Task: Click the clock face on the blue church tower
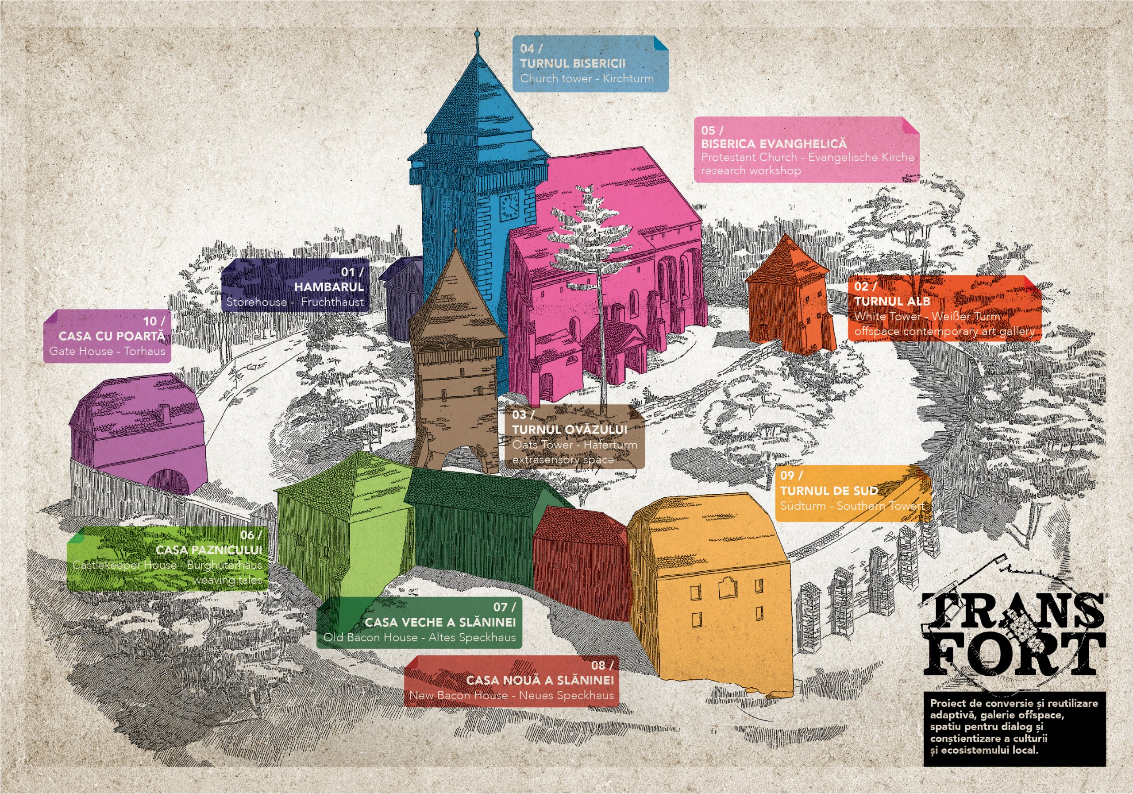point(509,207)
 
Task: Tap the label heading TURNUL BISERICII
point(572,64)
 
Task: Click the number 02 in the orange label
point(861,287)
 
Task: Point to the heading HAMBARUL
point(329,287)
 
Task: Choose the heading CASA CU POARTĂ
point(112,336)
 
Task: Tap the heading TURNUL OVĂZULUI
point(570,430)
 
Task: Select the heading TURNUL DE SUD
point(829,491)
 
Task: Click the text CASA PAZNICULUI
point(209,550)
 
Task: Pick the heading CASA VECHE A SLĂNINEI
point(440,622)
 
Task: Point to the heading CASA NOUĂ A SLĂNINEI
point(540,681)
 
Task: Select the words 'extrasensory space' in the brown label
point(563,460)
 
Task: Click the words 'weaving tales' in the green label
point(227,580)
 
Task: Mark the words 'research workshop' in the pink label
point(751,171)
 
